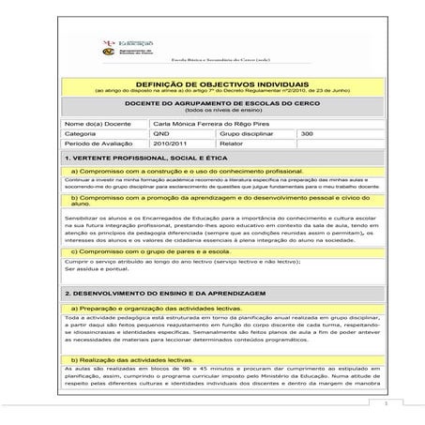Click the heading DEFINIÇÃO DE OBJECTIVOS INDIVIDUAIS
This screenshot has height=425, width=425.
coord(217,84)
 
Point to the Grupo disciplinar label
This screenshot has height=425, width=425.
coord(247,134)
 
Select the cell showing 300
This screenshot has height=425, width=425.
coord(307,134)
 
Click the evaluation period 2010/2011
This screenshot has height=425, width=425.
coord(169,145)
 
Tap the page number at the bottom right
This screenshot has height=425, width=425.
coord(386,404)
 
